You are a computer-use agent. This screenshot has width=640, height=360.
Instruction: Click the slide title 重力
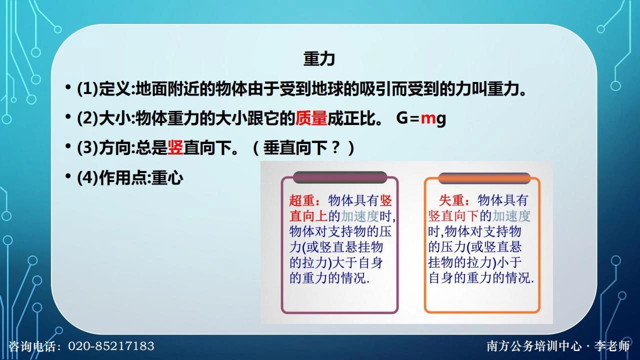319,59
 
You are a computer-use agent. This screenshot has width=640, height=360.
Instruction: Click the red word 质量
311,118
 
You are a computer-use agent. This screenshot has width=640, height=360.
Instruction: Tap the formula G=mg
421,118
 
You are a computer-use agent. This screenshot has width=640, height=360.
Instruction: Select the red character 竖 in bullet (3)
175,147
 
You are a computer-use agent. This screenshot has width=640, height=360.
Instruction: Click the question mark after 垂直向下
336,147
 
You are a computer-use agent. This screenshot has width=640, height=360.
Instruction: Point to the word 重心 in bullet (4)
167,177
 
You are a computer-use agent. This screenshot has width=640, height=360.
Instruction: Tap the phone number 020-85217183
111,346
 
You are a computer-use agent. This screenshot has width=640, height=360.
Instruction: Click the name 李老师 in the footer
612,346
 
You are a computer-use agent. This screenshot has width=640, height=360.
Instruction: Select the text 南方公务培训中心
534,346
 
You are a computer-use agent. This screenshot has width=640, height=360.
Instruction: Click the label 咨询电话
33,346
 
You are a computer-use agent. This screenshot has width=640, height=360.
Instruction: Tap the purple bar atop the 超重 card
340,177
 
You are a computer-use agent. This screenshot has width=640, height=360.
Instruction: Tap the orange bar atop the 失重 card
484,178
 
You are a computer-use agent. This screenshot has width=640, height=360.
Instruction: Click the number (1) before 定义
87,89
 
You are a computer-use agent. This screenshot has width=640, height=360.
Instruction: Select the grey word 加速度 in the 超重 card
360,216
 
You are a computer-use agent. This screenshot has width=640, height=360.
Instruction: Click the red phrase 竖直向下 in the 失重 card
453,216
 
